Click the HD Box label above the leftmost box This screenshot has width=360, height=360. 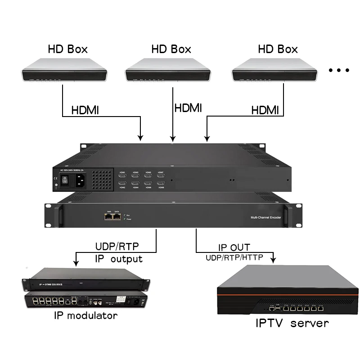coord(68,49)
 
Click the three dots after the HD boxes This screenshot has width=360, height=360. coord(339,70)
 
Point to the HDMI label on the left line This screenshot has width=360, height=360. coord(85,110)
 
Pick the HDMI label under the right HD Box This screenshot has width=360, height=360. coord(265,110)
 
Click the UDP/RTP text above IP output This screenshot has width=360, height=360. coord(117,247)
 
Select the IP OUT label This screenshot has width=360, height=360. coord(234,247)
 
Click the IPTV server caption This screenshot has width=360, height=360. coord(292,323)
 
